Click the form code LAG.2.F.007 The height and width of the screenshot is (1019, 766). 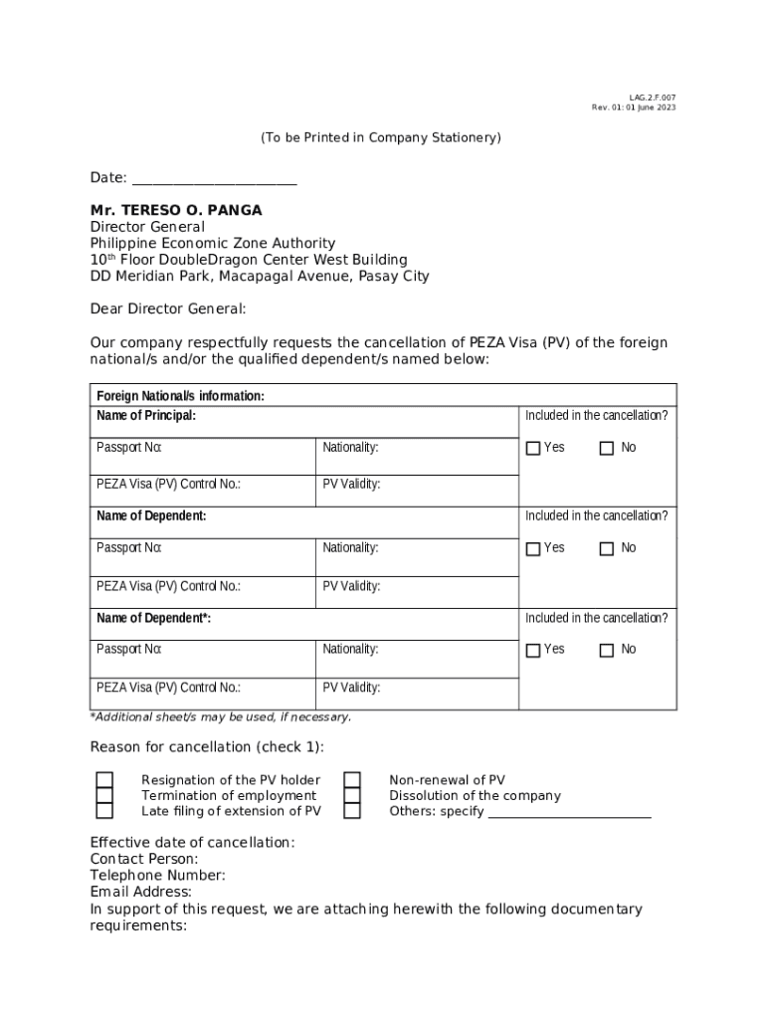tap(654, 98)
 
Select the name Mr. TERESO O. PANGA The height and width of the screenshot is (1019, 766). tap(176, 211)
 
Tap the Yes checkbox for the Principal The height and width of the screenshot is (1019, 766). tap(533, 449)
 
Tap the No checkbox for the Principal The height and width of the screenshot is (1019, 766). tap(607, 449)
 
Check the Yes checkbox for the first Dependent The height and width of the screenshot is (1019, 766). tap(533, 549)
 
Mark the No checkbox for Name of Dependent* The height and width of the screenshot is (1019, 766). tap(607, 651)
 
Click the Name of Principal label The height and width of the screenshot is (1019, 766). tap(146, 415)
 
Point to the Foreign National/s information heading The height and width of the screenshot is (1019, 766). tap(180, 396)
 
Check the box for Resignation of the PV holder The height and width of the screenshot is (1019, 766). tap(104, 780)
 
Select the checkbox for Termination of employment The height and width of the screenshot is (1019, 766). tap(104, 795)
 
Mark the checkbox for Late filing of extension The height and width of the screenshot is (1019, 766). tap(104, 811)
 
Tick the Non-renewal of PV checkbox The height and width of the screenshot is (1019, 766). tap(352, 780)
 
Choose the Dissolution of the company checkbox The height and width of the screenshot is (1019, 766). tap(352, 795)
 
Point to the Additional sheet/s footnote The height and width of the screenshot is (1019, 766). tap(220, 717)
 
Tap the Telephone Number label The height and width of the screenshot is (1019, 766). tap(157, 876)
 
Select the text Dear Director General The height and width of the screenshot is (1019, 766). tap(167, 309)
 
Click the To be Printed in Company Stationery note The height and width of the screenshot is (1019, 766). tap(381, 137)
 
